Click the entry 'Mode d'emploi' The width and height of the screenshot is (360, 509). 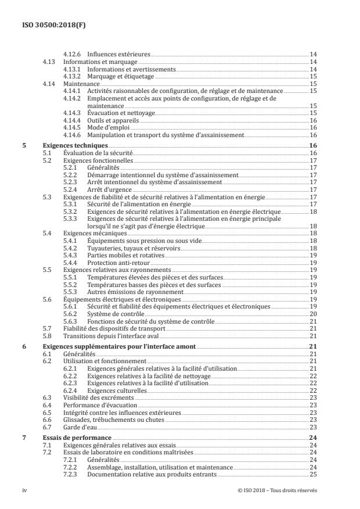click(x=108, y=127)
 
